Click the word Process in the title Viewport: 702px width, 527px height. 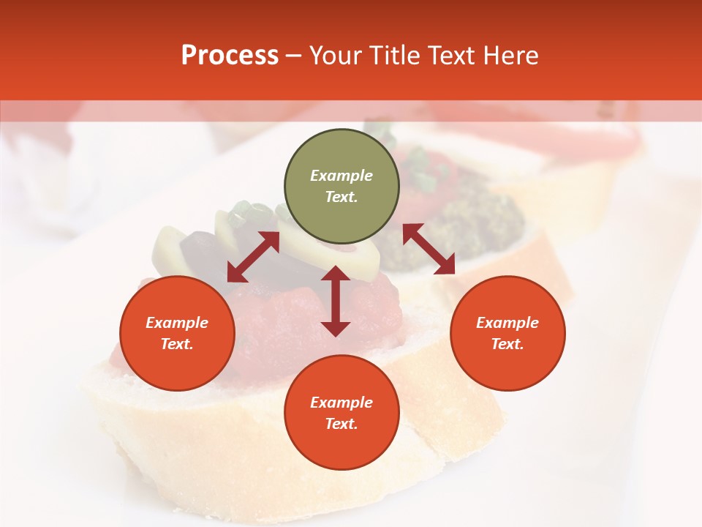230,56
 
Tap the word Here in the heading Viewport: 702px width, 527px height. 510,56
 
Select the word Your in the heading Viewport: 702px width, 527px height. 336,56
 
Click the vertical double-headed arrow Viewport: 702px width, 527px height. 336,301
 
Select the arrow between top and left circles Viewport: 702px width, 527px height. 253,257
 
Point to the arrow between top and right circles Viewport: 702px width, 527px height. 429,249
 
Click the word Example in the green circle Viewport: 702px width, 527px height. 341,176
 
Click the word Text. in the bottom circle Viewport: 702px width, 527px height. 341,424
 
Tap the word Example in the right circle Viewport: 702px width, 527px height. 507,323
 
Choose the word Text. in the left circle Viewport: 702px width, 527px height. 177,344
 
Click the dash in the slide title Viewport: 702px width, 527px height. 294,56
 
